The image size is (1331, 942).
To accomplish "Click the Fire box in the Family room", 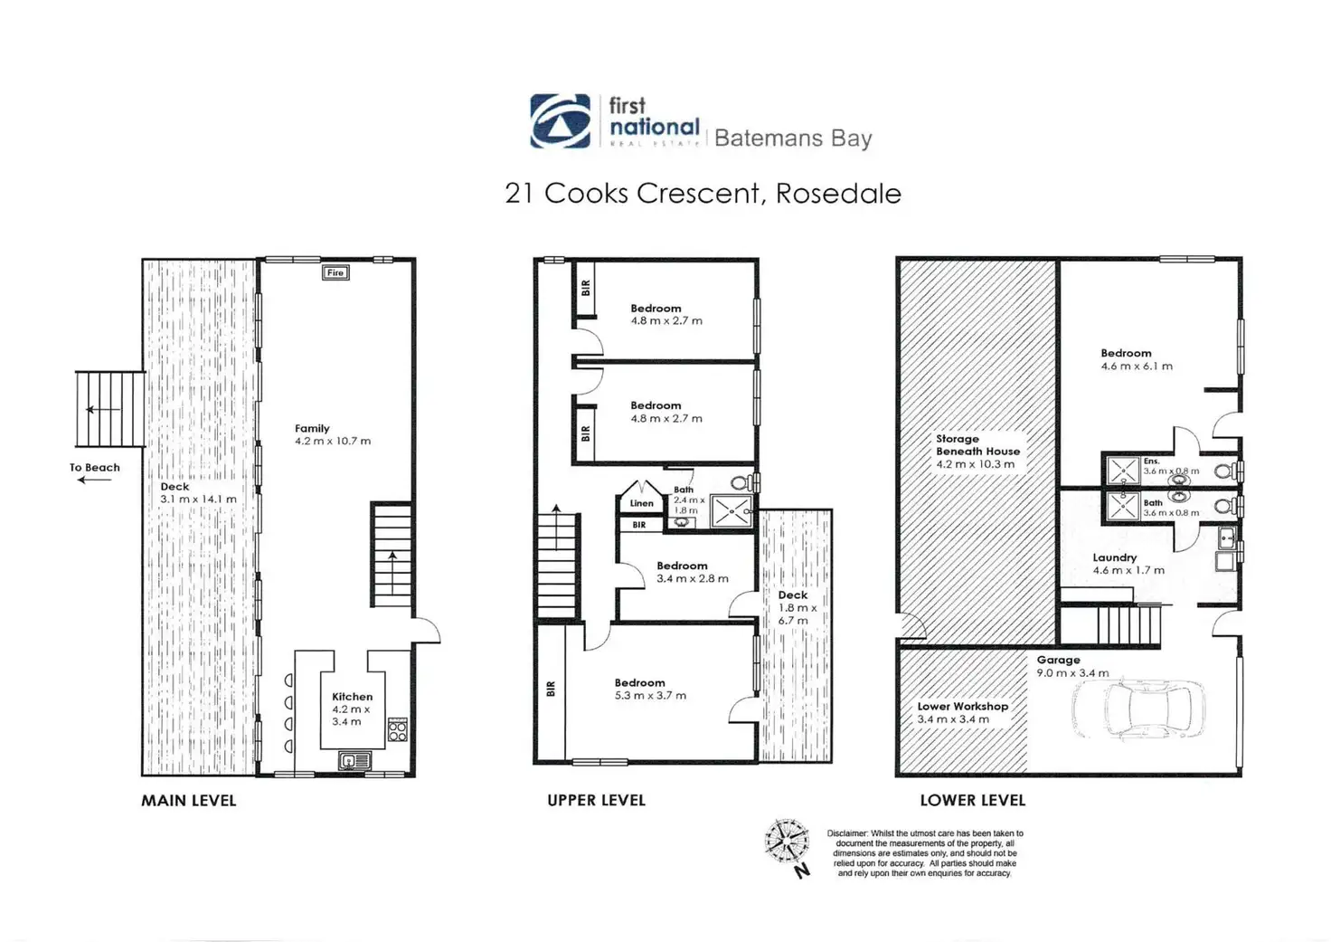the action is [x=335, y=272].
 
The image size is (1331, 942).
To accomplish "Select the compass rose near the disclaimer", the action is [x=787, y=842].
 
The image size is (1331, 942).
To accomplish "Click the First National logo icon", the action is [x=560, y=120].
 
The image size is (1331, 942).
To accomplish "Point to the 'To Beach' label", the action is [x=95, y=468].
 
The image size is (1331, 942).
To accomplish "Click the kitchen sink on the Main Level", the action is [x=354, y=761].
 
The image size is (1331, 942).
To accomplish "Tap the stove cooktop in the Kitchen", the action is [x=397, y=729].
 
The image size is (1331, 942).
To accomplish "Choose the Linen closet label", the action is [x=641, y=503].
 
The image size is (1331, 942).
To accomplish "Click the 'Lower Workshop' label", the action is [x=962, y=706].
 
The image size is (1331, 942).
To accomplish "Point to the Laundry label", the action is [x=1114, y=558].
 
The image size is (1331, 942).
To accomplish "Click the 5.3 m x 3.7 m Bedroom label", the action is [x=649, y=690].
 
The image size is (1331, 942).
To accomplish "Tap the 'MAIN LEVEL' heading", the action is [x=188, y=801].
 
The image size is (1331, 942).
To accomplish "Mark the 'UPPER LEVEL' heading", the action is [x=596, y=801].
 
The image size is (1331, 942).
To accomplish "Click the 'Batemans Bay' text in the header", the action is [x=793, y=138].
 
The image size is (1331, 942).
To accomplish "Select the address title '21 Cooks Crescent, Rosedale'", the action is [x=703, y=194].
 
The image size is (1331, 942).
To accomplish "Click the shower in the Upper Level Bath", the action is [x=730, y=510].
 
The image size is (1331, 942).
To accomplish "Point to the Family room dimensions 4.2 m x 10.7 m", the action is [x=333, y=442].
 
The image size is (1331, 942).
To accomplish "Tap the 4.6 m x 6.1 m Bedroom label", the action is [x=1136, y=360].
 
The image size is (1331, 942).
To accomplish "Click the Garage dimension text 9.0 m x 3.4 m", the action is [x=1072, y=673].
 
